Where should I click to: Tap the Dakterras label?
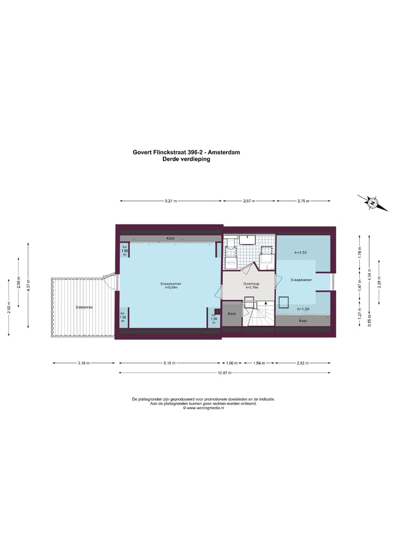(84, 308)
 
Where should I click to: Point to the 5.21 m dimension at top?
(170, 201)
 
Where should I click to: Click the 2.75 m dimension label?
(303, 201)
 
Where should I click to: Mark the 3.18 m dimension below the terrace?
(84, 363)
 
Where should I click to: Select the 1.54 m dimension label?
(259, 363)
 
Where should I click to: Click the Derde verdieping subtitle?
(186, 159)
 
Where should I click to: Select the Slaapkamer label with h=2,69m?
(171, 286)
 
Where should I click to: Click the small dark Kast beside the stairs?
(232, 314)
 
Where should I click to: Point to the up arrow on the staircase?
(266, 303)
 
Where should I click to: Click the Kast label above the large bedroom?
(170, 238)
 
